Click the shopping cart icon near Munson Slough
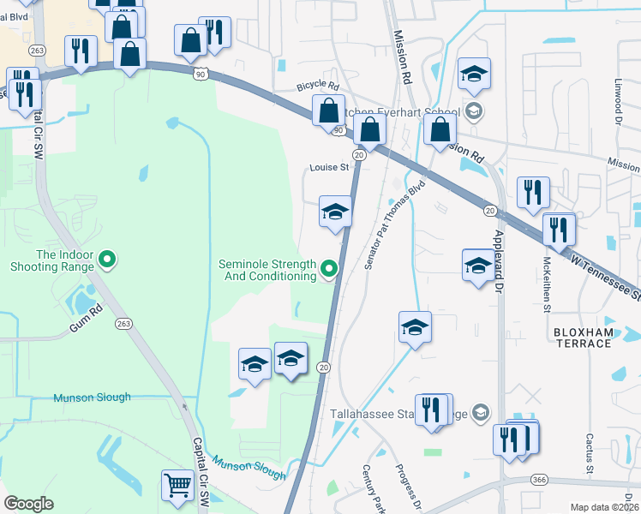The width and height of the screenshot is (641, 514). coord(177,485)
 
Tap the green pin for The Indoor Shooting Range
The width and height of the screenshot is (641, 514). coord(107,257)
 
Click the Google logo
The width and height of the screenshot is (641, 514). coord(28,504)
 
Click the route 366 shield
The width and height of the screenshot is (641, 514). coord(538,479)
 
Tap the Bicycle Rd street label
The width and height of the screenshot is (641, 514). coord(318,87)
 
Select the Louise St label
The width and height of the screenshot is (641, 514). coord(329,168)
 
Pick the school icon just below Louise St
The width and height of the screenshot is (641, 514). coord(335,212)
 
